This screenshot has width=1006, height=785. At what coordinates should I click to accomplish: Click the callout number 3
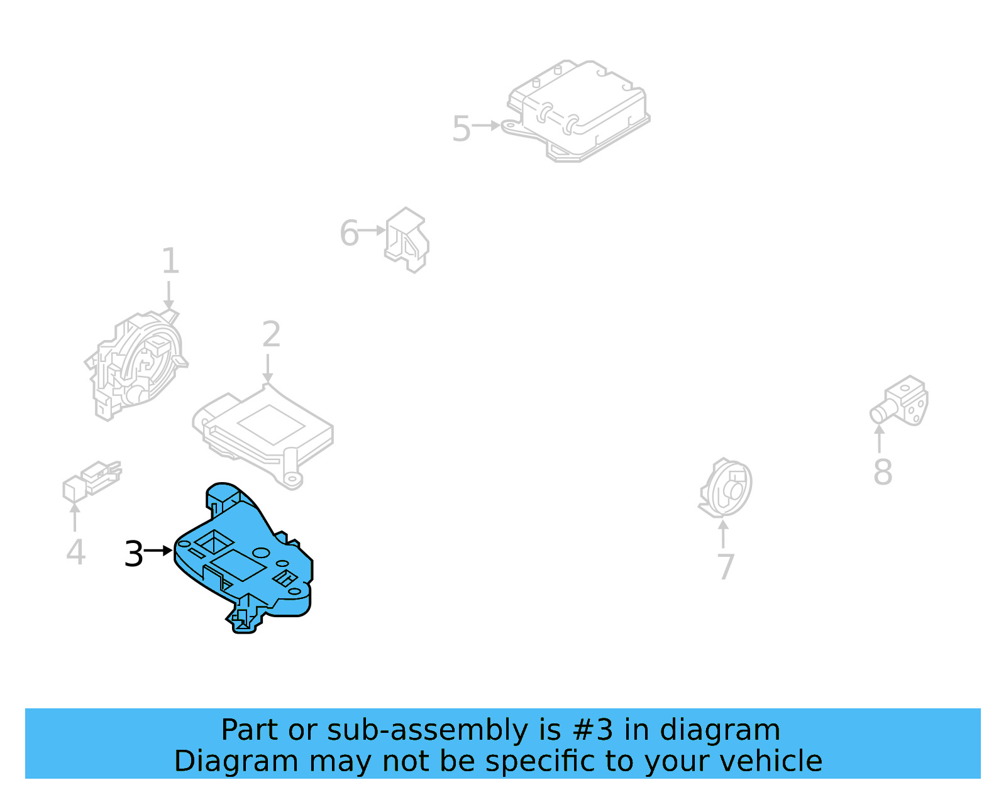click(134, 554)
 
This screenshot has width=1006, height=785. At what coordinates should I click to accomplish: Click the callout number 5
click(461, 129)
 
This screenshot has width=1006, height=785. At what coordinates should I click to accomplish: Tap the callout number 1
click(170, 260)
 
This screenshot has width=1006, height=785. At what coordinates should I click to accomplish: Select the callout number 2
click(271, 334)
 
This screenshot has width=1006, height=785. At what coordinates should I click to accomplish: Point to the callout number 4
click(75, 552)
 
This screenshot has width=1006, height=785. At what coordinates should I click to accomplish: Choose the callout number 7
click(726, 567)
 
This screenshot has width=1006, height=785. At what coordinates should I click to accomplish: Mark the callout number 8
click(882, 472)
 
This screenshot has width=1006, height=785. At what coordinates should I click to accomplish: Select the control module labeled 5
click(577, 111)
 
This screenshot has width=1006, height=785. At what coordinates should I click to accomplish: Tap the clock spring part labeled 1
click(136, 365)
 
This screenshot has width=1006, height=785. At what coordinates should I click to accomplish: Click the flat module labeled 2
click(262, 436)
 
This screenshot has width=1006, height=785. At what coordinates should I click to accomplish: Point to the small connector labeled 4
click(92, 481)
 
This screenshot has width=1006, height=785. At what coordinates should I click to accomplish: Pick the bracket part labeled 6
click(407, 239)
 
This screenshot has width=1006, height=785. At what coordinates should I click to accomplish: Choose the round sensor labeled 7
click(725, 487)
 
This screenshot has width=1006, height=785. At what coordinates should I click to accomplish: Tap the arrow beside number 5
click(486, 125)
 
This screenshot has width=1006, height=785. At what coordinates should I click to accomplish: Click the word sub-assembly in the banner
click(428, 730)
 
